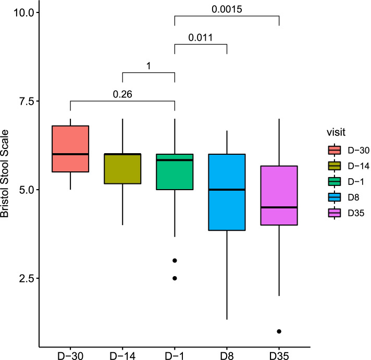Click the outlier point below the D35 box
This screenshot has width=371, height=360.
coord(279,331)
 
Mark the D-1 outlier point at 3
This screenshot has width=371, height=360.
coord(175,260)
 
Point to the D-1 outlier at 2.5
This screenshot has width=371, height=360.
coord(175,278)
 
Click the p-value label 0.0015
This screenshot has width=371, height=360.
coord(226,9)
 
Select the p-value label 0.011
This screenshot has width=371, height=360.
coord(200,38)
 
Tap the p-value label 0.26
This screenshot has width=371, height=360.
coord(122,94)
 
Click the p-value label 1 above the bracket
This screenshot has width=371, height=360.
coord(148,66)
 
